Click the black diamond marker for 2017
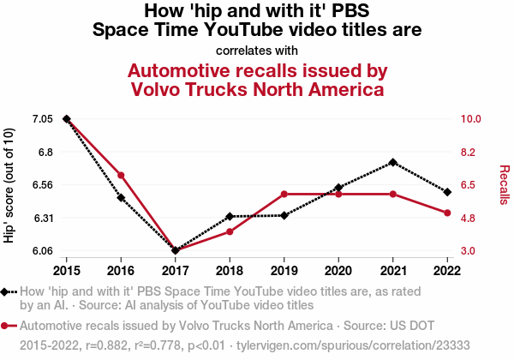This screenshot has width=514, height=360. (176, 250)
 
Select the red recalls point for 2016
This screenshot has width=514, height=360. (121, 176)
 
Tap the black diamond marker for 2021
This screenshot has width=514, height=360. (392, 162)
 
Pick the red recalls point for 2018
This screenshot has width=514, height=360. (230, 231)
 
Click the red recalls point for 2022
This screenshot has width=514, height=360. (447, 213)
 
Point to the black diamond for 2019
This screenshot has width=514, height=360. (284, 215)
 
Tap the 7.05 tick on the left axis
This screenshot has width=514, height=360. (42, 118)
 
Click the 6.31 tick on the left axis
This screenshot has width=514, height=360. (42, 218)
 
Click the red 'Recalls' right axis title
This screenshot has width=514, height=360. (504, 184)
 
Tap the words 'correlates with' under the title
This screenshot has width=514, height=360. (257, 50)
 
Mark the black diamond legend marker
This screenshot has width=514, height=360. (7, 291)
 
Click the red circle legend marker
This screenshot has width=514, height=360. (7, 327)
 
